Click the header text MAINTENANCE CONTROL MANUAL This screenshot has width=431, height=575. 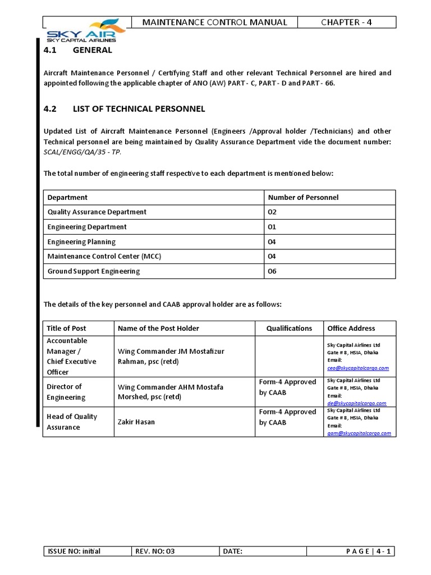214,22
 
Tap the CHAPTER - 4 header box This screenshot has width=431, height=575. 346,22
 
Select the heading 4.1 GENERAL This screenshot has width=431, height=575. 78,50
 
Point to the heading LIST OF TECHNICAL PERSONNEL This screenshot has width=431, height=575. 139,108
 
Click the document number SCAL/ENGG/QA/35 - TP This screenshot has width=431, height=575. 82,152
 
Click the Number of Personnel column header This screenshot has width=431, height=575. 303,197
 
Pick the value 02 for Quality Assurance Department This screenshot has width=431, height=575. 273,212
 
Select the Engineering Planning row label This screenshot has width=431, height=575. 81,242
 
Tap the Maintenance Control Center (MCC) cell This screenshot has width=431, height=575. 102,257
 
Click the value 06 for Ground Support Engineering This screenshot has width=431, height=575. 273,271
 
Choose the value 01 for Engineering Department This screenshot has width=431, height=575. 273,227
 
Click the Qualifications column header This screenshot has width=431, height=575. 289,328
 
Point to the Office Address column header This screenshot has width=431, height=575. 351,328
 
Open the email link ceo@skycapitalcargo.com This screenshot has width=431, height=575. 357,368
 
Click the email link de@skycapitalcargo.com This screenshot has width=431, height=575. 356,403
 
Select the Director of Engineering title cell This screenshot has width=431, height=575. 66,392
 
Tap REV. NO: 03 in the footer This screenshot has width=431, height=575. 155,551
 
